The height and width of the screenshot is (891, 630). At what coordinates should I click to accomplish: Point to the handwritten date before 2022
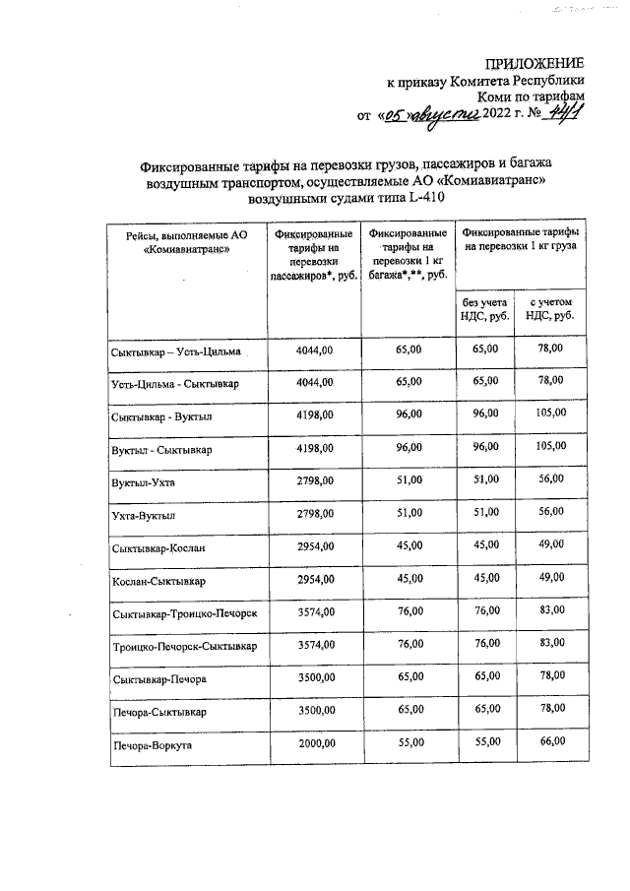point(431,117)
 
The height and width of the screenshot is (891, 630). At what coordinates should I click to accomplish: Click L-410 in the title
point(425,197)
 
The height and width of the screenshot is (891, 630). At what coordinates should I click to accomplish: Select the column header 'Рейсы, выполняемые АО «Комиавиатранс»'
point(185,243)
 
